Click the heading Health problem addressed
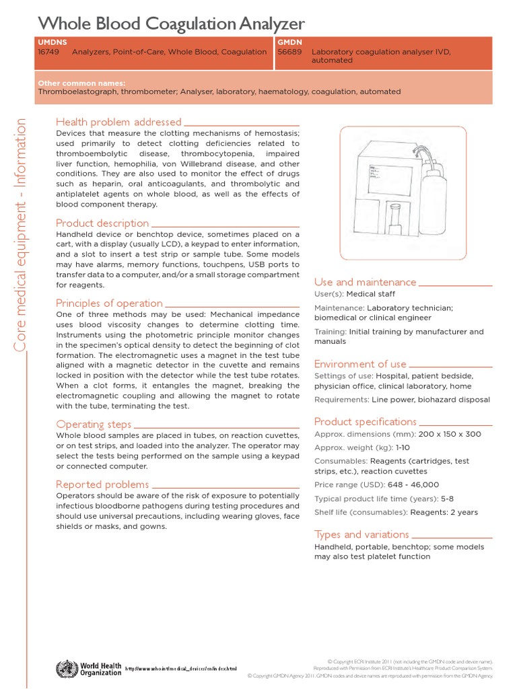pos(118,122)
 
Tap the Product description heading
pos(102,223)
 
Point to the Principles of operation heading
pos(109,303)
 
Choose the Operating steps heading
pos(94,424)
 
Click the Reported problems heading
pos(102,484)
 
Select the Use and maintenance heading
pos(365,282)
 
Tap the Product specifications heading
pos(365,421)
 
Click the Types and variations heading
pos(361,534)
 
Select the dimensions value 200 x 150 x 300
pos(450,434)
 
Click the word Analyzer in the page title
pos(266,24)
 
